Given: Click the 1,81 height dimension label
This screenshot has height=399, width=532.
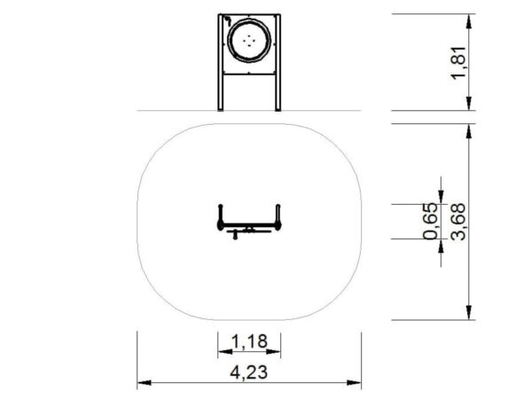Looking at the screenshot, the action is point(459,62).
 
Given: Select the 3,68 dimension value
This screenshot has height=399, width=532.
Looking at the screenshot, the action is point(458,222).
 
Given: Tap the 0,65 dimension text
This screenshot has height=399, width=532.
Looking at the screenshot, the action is point(431,221).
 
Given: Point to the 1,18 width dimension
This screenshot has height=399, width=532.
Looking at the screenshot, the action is point(249,341).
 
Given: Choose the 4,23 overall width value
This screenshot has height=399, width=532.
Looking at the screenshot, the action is point(249,372).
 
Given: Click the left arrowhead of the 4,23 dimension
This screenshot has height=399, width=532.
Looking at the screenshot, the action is point(145,383).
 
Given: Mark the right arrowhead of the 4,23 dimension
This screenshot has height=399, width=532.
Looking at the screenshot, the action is point(354,383).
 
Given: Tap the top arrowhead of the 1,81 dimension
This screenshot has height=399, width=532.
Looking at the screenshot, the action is point(469,21).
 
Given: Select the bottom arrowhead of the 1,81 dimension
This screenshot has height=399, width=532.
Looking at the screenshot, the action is point(469,104).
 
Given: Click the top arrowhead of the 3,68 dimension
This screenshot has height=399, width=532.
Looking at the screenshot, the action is point(469,131).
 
